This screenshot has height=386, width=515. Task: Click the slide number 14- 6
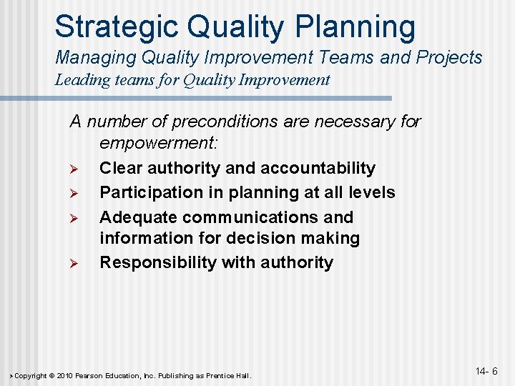[x=486, y=372]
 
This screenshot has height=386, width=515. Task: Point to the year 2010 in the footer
[x=66, y=376]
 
